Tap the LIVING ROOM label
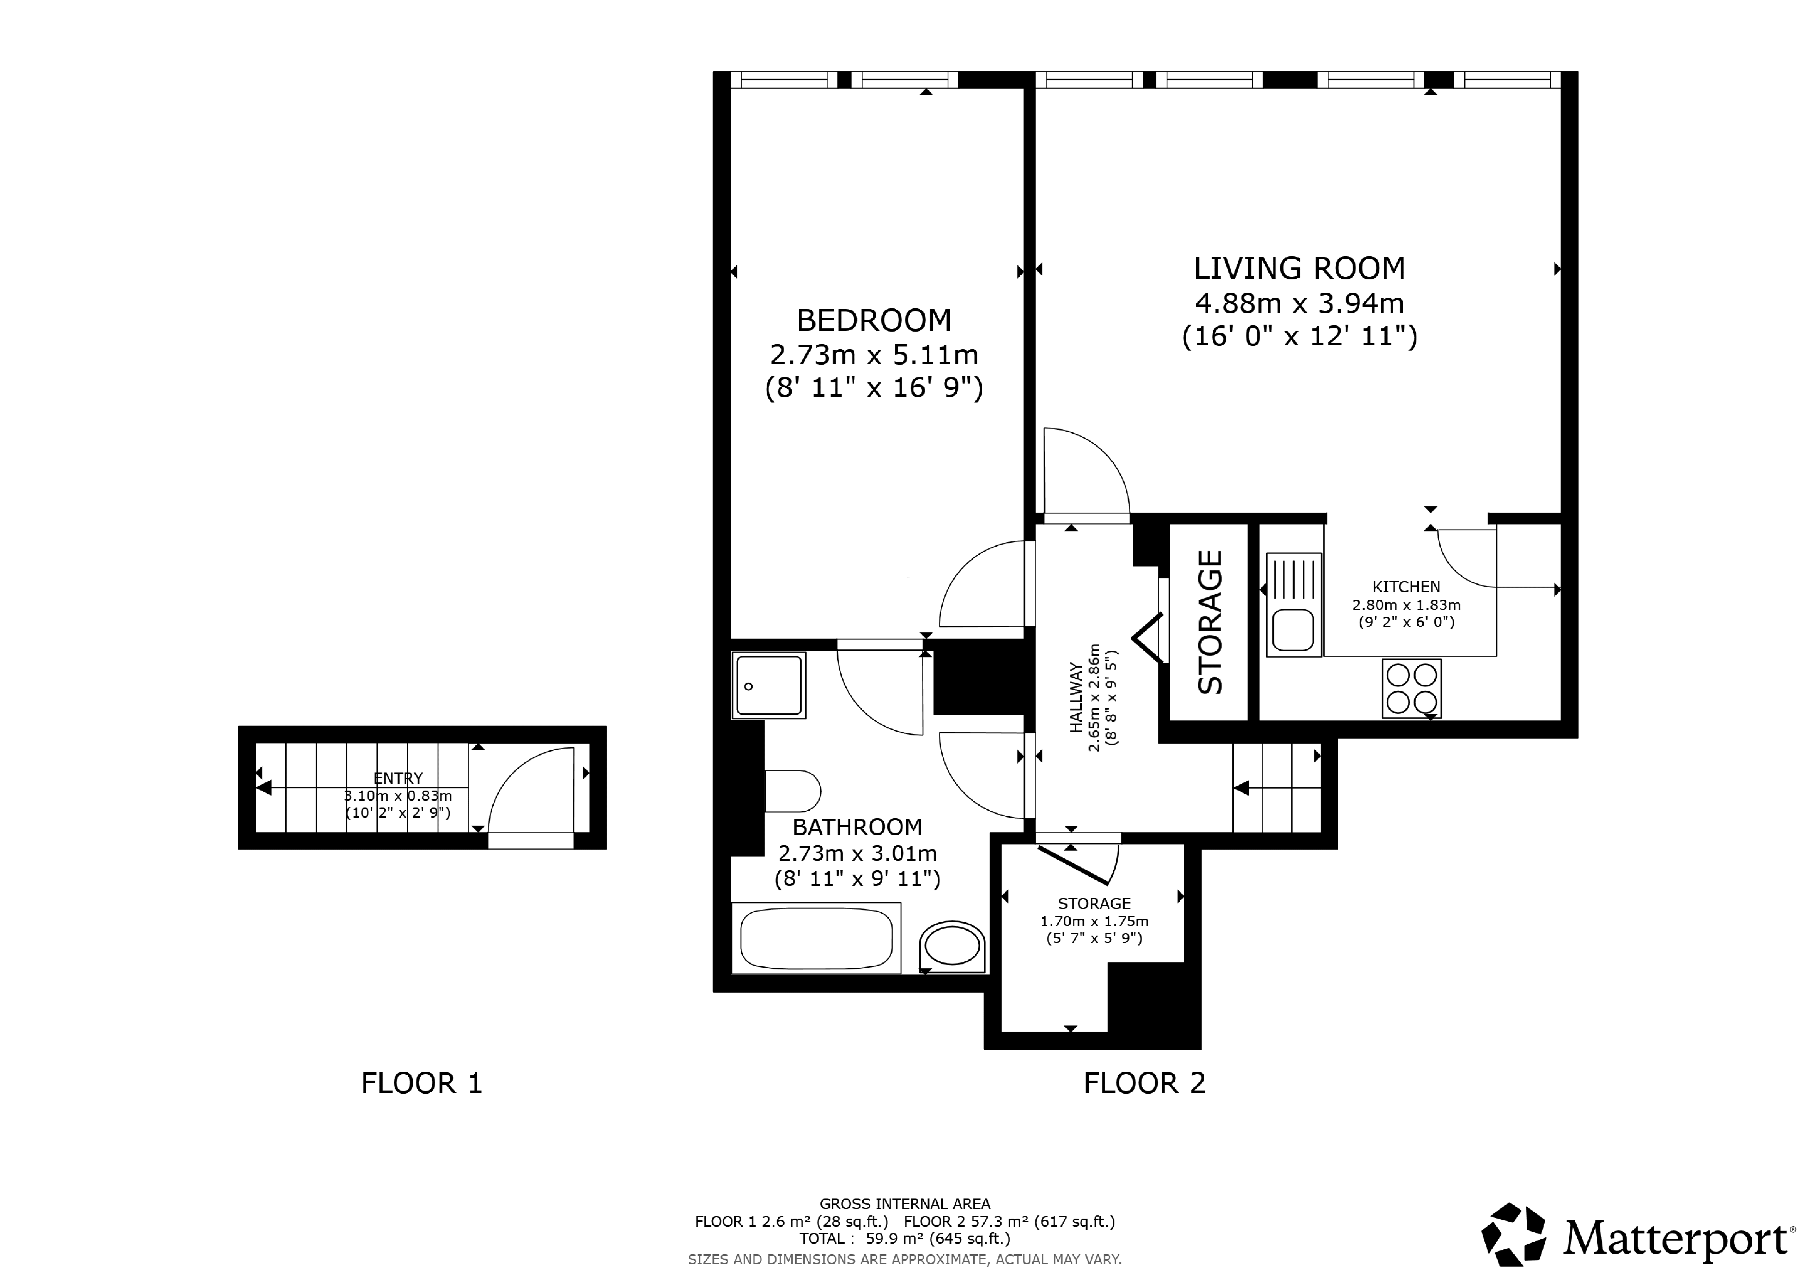click(x=1300, y=268)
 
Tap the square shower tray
click(x=769, y=685)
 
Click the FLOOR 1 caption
click(x=422, y=1083)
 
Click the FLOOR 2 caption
click(x=1144, y=1083)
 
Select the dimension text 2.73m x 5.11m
click(x=874, y=354)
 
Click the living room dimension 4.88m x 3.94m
click(x=1300, y=303)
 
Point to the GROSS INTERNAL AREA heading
click(x=905, y=1204)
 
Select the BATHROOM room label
click(x=857, y=828)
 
